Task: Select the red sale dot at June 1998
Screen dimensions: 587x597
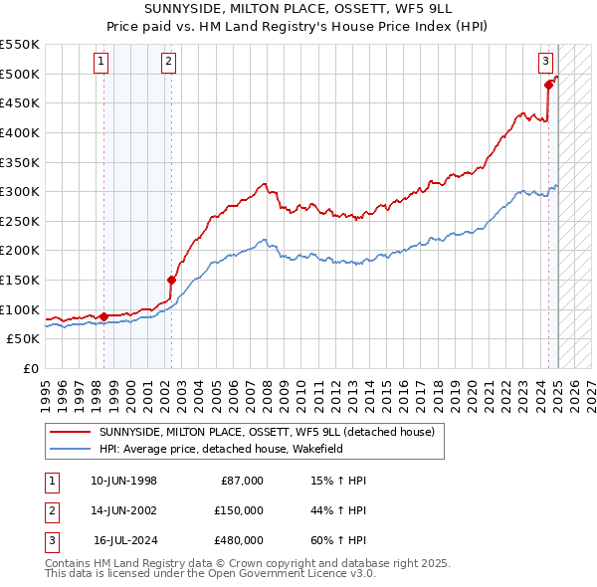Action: click(103, 316)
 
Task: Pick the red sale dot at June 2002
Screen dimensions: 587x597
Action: click(171, 280)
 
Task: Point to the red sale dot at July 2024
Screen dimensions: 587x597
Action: click(548, 86)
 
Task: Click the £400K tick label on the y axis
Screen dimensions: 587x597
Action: click(20, 132)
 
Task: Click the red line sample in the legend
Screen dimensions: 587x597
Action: click(69, 433)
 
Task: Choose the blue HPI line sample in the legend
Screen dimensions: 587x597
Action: click(69, 449)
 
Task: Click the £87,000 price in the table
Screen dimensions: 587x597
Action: click(240, 481)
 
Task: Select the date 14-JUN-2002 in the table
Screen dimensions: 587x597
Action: click(123, 510)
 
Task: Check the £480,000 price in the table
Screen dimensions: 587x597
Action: click(239, 540)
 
